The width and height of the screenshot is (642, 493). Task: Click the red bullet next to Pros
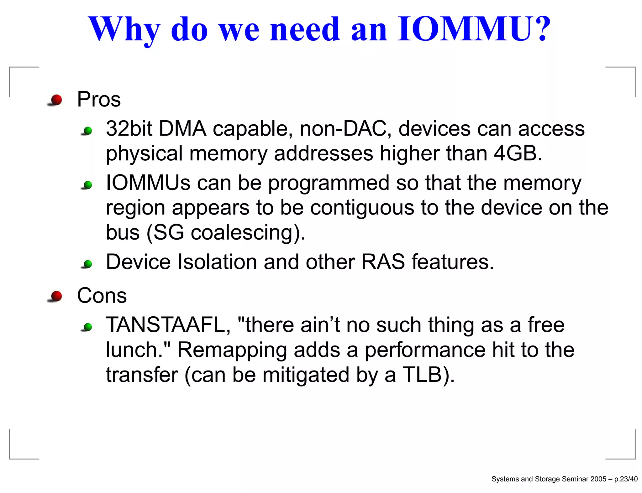[x=56, y=100]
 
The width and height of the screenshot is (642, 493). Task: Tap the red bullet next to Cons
[x=56, y=296]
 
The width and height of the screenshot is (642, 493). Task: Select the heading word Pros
[x=99, y=100]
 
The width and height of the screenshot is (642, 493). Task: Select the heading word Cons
[x=102, y=296]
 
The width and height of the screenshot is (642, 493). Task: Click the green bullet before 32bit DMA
[x=88, y=131]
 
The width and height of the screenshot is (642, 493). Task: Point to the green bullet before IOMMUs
[x=88, y=185]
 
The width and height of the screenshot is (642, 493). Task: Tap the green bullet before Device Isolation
[x=88, y=264]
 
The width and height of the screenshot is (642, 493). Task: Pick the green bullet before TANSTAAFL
[x=88, y=327]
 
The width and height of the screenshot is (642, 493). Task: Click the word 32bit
[x=129, y=129]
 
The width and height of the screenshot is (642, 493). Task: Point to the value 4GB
[x=517, y=153]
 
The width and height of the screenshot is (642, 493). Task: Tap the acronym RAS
[x=383, y=262]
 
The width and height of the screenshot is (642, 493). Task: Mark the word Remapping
[x=232, y=350]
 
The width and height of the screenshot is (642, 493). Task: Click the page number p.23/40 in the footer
[x=626, y=479]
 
